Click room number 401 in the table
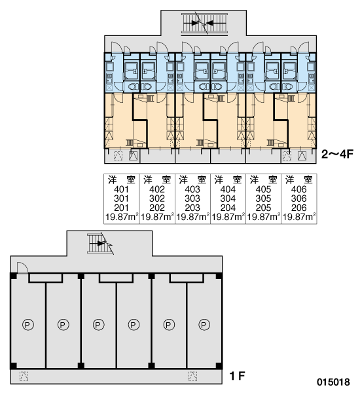(121, 189)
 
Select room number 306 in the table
(299, 198)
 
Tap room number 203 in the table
(192, 208)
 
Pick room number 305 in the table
(263, 198)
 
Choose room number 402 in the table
(157, 189)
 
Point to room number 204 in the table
(228, 208)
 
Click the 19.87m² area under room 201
(122, 217)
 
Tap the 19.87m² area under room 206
(299, 217)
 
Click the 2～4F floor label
(337, 154)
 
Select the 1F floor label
(237, 376)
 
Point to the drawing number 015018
(333, 383)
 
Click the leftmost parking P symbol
(27, 325)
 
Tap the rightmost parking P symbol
(204, 325)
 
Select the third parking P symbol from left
(98, 325)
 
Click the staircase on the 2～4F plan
(204, 23)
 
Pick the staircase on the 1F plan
(99, 244)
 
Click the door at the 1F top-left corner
(22, 268)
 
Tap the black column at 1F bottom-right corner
(219, 366)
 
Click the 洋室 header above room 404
(228, 179)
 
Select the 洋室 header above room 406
(299, 179)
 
